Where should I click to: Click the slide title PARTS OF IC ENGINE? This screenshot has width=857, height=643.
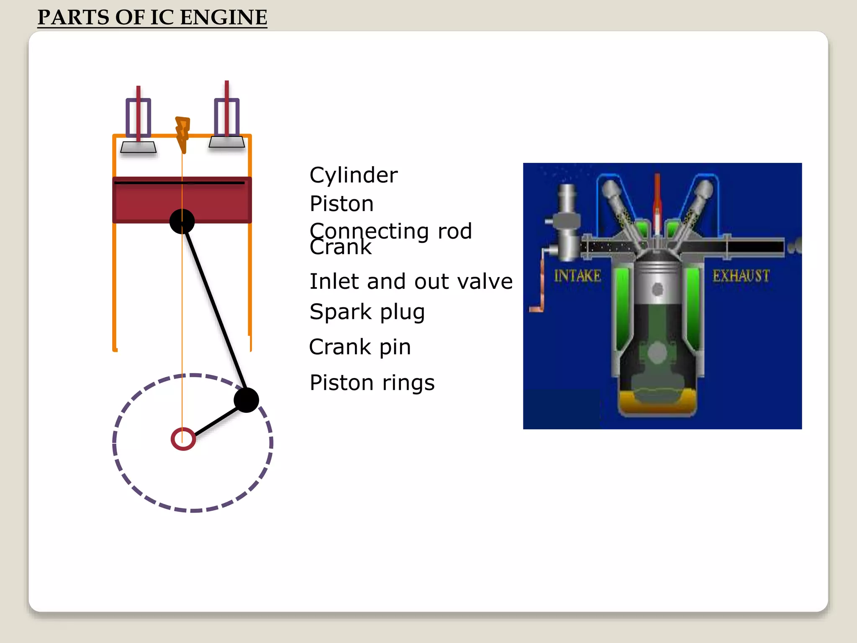tap(152, 18)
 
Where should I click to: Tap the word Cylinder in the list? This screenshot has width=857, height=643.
tap(354, 175)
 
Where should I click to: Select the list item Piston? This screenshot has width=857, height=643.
tap(341, 204)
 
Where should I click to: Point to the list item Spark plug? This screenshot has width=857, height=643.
tap(367, 312)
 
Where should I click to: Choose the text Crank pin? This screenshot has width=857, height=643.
tap(360, 347)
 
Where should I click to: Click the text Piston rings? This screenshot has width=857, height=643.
tap(372, 383)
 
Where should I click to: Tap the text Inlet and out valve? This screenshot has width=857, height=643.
tap(411, 281)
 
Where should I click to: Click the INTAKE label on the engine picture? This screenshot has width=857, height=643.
tap(577, 276)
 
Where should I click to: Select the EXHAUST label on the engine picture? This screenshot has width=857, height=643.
tap(741, 276)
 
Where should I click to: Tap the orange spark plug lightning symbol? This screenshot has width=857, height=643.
tap(182, 133)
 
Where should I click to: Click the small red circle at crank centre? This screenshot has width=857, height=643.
tap(183, 439)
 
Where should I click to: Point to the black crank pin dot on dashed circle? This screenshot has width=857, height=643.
tap(246, 400)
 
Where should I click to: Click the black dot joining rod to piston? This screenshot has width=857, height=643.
tap(182, 221)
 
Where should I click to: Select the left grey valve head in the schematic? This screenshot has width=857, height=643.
tap(139, 147)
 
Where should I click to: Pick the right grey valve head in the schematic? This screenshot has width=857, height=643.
tap(227, 142)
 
